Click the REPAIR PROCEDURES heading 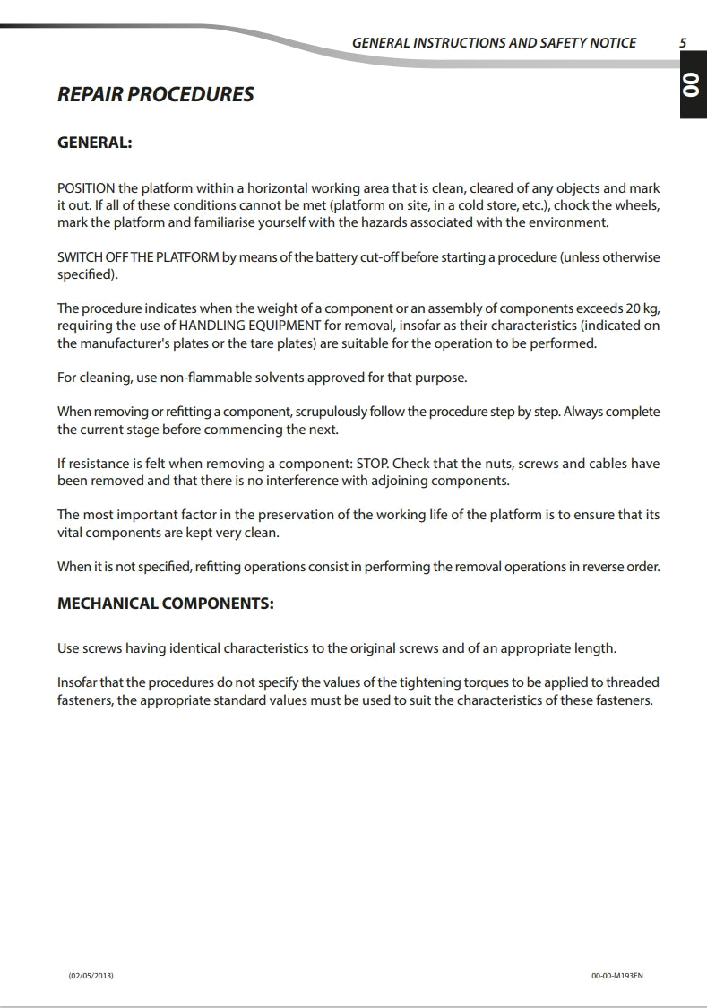click(155, 94)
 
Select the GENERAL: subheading click(95, 143)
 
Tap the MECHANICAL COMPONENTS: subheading click(166, 603)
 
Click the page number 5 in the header click(683, 42)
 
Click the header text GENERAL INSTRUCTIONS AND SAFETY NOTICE click(494, 42)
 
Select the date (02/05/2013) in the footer click(91, 975)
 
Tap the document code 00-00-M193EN click(617, 975)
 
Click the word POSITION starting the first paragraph click(86, 188)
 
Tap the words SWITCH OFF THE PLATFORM click(138, 257)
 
